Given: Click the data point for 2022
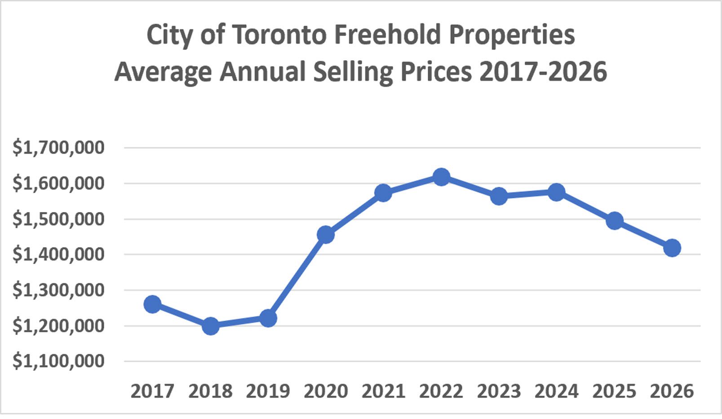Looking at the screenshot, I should click(441, 176).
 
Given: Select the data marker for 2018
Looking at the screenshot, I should click(210, 326).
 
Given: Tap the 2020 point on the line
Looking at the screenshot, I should click(326, 234).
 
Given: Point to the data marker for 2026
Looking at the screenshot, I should click(672, 248).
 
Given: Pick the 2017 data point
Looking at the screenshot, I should click(152, 304).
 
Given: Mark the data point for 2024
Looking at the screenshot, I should click(556, 192).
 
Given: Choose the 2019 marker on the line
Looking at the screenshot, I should click(268, 318).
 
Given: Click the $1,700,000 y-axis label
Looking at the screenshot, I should click(58, 147).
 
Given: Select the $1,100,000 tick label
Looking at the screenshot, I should click(58, 361).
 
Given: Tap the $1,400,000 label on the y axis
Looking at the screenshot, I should click(58, 254).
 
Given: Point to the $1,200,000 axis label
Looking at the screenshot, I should click(58, 326).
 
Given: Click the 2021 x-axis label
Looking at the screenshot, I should click(383, 391).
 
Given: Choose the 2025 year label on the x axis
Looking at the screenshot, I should click(614, 391).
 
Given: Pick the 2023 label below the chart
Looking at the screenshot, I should click(499, 391).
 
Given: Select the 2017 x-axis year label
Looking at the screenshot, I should click(152, 391).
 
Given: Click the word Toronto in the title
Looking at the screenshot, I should click(279, 35).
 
